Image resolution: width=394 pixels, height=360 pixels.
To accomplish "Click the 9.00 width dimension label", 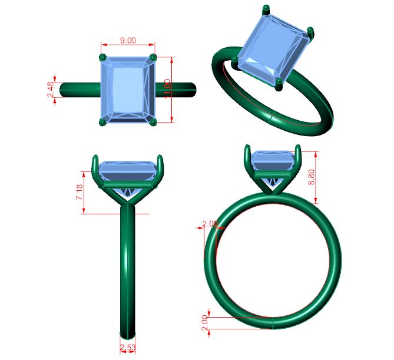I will pyautogui.click(x=128, y=40).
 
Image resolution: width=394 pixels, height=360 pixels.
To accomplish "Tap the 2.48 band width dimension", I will pyautogui.click(x=51, y=90).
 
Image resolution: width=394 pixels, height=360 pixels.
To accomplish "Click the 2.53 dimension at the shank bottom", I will pyautogui.click(x=128, y=348).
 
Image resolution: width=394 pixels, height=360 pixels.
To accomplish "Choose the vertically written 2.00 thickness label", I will pyautogui.click(x=204, y=322).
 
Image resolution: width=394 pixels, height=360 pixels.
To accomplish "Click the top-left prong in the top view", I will pyautogui.click(x=104, y=58).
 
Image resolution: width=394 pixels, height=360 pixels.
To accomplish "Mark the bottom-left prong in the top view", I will pyautogui.click(x=104, y=121).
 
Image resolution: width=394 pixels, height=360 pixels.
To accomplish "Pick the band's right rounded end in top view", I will pyautogui.click(x=192, y=90).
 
